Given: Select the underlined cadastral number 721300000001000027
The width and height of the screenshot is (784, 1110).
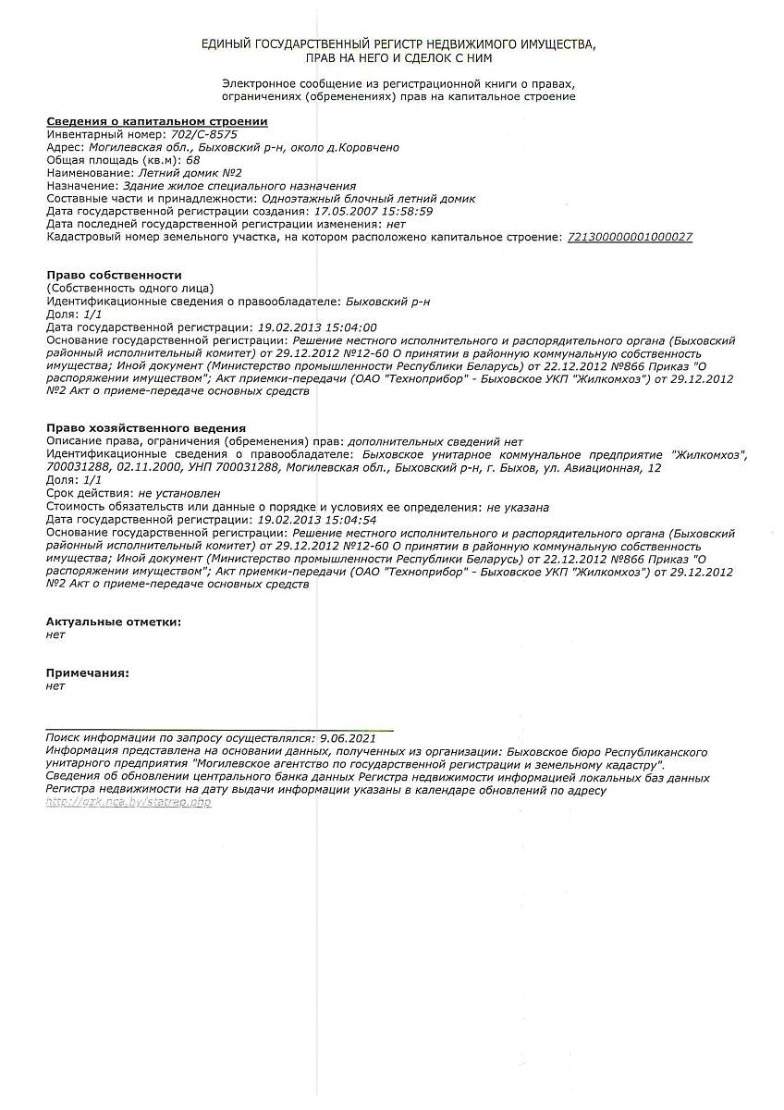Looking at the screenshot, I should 629,238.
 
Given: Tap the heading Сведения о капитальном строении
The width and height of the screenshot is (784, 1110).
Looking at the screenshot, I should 157,121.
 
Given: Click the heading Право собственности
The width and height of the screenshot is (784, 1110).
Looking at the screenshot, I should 114,276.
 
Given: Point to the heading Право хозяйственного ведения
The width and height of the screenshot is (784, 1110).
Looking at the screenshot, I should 146,428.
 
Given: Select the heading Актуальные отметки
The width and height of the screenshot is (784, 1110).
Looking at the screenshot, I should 113,623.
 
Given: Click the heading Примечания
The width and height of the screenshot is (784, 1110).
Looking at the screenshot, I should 87,673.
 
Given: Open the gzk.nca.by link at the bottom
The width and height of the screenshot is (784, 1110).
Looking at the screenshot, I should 129,803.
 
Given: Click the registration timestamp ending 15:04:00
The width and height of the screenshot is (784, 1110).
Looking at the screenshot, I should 316,327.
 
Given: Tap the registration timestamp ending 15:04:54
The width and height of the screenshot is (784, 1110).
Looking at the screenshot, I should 316,520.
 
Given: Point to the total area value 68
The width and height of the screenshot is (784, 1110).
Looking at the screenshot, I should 192,160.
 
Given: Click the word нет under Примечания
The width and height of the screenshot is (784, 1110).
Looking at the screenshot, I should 55,686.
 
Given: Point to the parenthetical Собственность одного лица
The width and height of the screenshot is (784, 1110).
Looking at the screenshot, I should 129,289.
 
